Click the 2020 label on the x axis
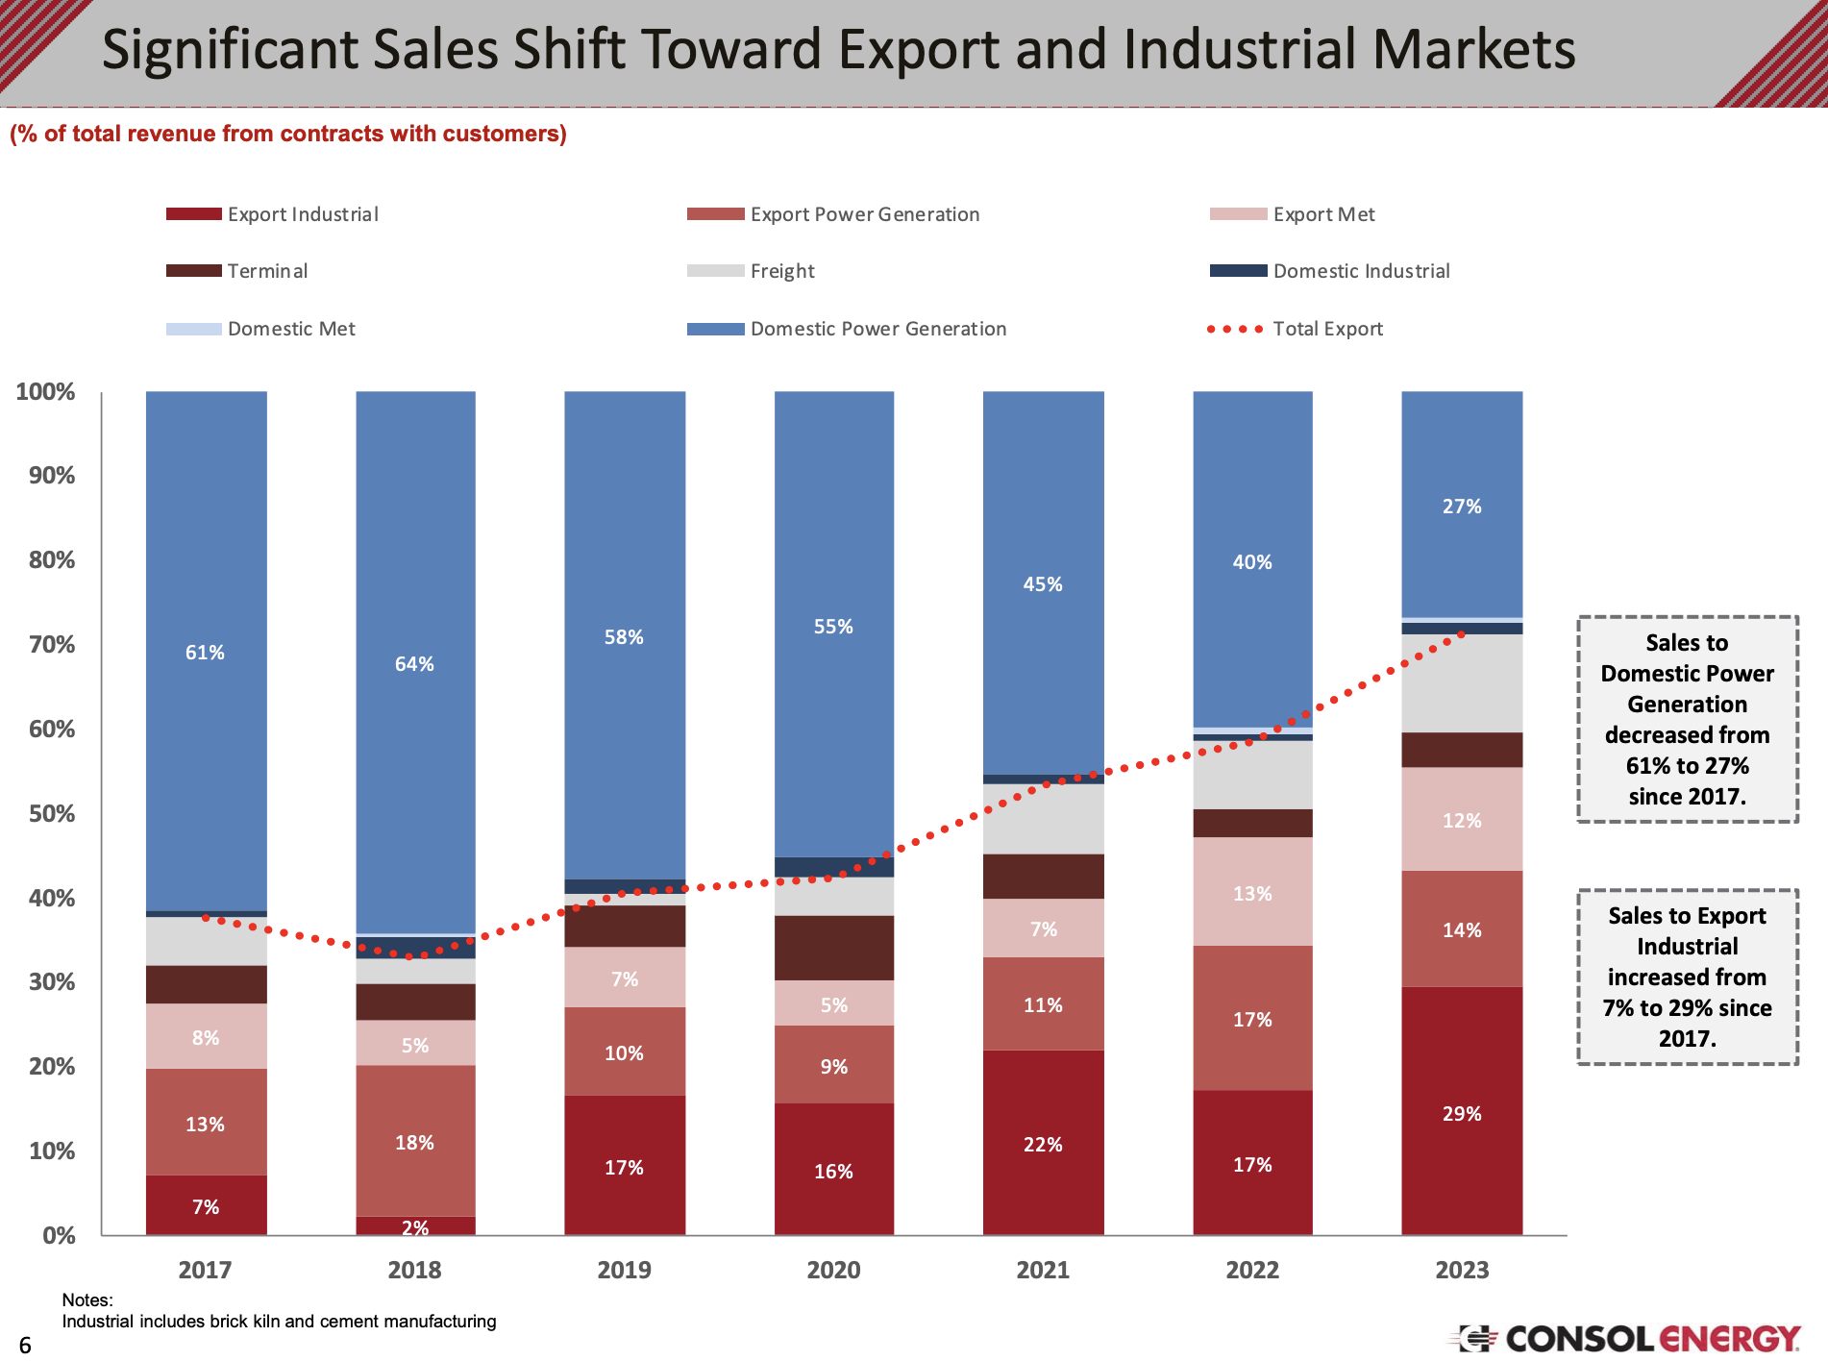(833, 1270)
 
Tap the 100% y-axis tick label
(45, 392)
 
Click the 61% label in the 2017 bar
(205, 653)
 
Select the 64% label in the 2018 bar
(414, 664)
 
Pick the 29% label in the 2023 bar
(1462, 1114)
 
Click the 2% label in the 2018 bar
(415, 1227)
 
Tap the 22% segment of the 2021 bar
(1043, 1143)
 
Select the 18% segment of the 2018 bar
(415, 1141)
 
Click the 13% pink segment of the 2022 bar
(1252, 892)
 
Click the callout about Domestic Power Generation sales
(1687, 719)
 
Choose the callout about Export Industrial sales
(1687, 977)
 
